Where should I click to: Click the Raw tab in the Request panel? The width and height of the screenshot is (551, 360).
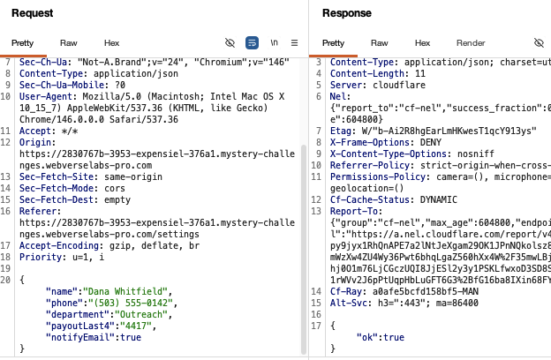click(69, 43)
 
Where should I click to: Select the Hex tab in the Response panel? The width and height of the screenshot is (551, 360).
click(422, 43)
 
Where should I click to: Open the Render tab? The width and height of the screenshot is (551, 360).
click(471, 43)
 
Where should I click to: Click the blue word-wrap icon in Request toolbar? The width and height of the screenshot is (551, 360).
click(252, 43)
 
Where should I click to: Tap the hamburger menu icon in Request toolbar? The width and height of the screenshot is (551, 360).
click(294, 43)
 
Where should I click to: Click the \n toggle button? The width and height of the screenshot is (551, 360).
click(274, 42)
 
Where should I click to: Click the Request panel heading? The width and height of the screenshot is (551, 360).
click(33, 13)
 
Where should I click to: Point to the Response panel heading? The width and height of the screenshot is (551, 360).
click(347, 13)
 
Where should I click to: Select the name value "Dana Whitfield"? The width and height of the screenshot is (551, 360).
click(125, 291)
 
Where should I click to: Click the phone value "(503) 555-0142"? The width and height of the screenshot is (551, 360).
click(131, 304)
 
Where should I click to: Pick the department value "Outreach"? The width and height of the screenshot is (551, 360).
click(141, 314)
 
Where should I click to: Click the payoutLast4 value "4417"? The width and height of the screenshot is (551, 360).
click(136, 326)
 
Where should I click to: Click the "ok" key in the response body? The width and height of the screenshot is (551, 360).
click(367, 338)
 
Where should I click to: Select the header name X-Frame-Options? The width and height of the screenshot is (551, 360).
click(370, 142)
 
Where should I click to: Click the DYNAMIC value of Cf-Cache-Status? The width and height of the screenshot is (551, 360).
click(439, 199)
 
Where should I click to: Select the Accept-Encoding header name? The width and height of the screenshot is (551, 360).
click(59, 245)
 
